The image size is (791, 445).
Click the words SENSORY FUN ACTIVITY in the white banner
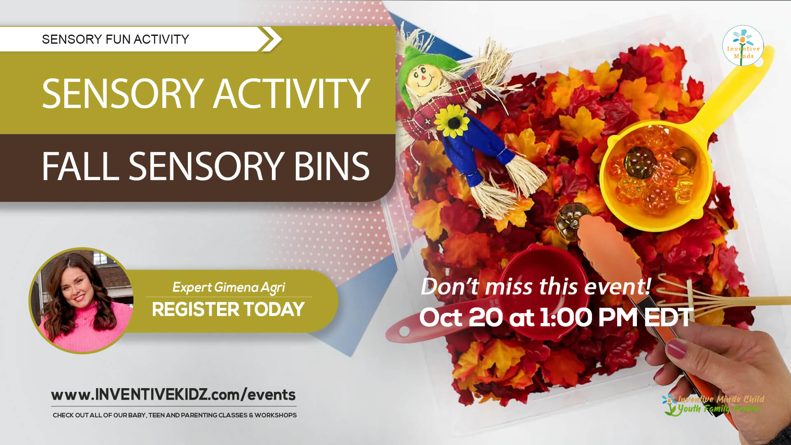click(x=115, y=39)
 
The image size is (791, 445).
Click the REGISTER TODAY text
click(x=228, y=309)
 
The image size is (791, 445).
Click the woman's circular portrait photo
click(x=82, y=301)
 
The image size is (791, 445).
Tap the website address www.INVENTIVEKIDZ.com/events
click(x=173, y=395)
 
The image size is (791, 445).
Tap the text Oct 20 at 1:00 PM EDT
click(x=556, y=318)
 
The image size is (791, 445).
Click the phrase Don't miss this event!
click(x=536, y=286)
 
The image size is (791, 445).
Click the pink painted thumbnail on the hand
click(x=676, y=349)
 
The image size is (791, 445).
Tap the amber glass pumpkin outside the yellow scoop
click(x=567, y=223)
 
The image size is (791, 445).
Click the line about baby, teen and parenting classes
click(x=175, y=415)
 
